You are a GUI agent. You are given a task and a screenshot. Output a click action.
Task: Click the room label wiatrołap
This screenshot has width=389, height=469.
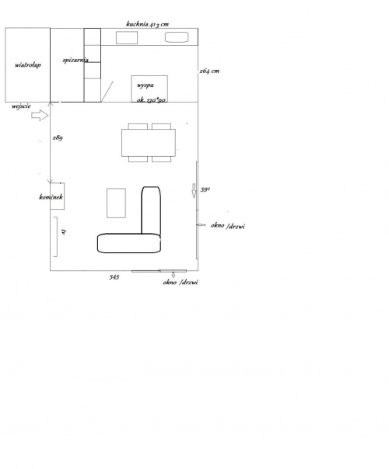[28, 65]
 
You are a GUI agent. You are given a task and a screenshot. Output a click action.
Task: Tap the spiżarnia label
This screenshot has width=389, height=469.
[75, 60]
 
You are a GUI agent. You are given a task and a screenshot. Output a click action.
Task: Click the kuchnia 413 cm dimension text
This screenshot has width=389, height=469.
[148, 24]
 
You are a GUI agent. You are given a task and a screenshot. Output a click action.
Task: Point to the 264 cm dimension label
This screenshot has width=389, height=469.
[209, 71]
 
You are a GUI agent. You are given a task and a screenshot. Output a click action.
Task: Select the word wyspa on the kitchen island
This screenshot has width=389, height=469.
[145, 85]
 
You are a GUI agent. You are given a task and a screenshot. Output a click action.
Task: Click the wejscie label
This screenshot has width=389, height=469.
[21, 106]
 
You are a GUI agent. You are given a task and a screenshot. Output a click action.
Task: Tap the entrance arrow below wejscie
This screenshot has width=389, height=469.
[40, 116]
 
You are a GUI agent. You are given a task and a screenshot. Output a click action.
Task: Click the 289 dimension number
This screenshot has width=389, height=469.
[58, 137]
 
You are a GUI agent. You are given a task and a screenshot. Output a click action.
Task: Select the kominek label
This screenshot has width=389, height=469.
[51, 196]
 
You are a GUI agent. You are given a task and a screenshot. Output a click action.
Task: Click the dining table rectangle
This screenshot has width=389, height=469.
[149, 143]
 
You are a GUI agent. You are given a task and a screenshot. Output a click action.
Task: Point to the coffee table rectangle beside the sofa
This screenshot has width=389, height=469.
[116, 203]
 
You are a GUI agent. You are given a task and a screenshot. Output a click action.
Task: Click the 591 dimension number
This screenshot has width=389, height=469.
[205, 189]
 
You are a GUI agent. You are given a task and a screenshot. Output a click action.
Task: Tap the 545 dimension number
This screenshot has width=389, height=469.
[114, 277]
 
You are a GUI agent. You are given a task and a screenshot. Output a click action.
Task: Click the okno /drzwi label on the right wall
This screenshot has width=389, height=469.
[228, 226]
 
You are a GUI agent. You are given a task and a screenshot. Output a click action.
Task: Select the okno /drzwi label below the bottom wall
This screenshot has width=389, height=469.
[180, 282]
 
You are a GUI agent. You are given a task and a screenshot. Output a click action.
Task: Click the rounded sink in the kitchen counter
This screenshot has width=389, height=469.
[177, 37]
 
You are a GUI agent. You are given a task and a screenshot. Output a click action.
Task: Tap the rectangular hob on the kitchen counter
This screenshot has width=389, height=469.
[127, 38]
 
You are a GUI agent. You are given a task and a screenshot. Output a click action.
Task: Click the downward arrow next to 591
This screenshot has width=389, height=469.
[194, 190]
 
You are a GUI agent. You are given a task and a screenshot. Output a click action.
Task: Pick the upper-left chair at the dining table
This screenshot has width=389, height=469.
[138, 127]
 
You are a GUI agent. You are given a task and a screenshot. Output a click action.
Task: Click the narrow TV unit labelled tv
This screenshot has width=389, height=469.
[55, 237]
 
